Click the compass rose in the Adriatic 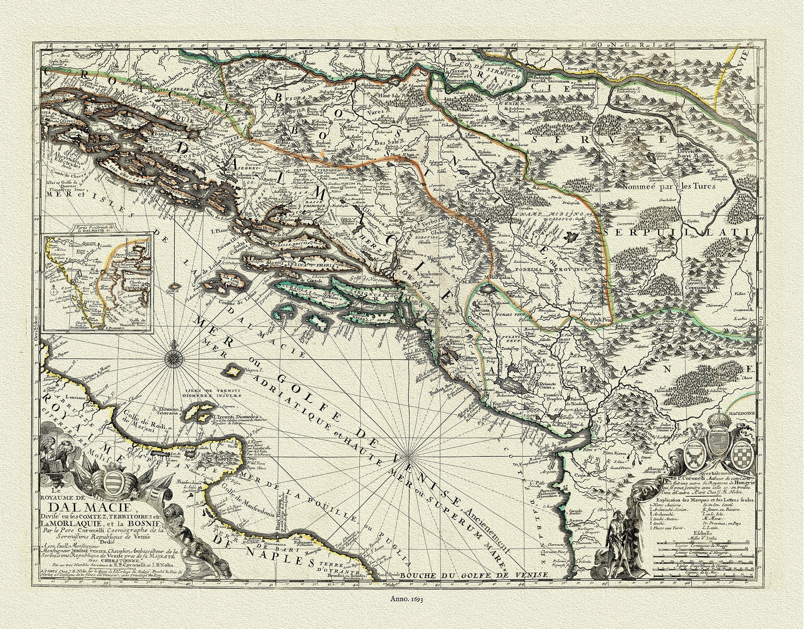pos(173,357)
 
